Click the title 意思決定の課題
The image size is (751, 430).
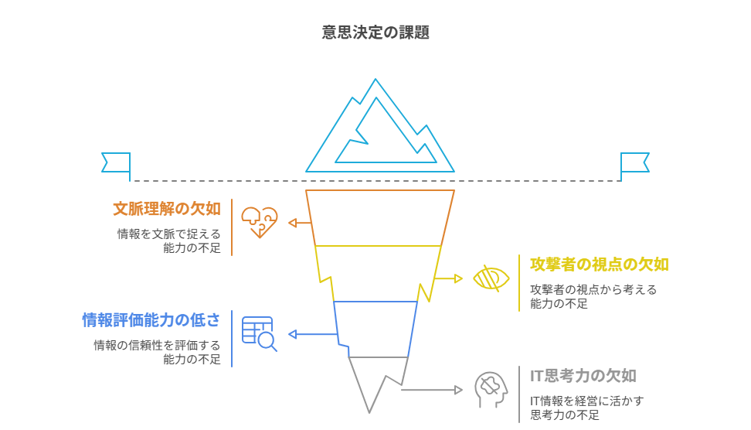pyautogui.click(x=375, y=32)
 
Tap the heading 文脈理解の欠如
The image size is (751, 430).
pyautogui.click(x=167, y=208)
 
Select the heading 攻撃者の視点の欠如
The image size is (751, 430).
pyautogui.click(x=599, y=264)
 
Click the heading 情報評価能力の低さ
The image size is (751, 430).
pyautogui.click(x=151, y=319)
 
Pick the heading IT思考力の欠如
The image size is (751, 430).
pyautogui.click(x=583, y=376)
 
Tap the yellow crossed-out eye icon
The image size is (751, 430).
pyautogui.click(x=491, y=278)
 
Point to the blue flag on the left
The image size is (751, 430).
pyautogui.click(x=116, y=162)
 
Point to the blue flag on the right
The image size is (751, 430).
pyautogui.click(x=634, y=162)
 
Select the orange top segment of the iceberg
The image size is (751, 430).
pyautogui.click(x=379, y=217)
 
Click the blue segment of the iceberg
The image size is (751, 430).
pyautogui.click(x=376, y=329)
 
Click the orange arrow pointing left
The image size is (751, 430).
pyautogui.click(x=301, y=223)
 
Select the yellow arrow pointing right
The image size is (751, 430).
pyautogui.click(x=449, y=278)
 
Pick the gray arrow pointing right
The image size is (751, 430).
pyautogui.click(x=433, y=389)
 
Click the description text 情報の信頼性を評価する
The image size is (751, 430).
pyautogui.click(x=157, y=345)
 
